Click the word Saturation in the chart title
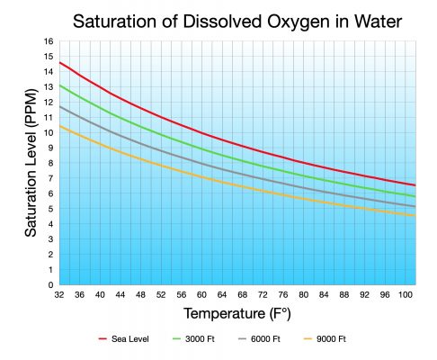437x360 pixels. click(x=113, y=20)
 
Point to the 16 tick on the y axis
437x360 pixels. click(x=49, y=41)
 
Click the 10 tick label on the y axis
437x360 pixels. click(x=49, y=132)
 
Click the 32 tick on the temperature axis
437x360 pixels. click(x=59, y=294)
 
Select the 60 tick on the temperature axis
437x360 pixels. click(x=203, y=294)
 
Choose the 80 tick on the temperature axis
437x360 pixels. click(x=306, y=294)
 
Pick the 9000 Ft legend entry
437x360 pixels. click(x=327, y=339)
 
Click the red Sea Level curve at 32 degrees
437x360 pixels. click(x=60, y=62)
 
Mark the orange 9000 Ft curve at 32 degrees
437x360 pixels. click(x=60, y=126)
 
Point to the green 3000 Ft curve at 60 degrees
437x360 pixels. click(x=203, y=148)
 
